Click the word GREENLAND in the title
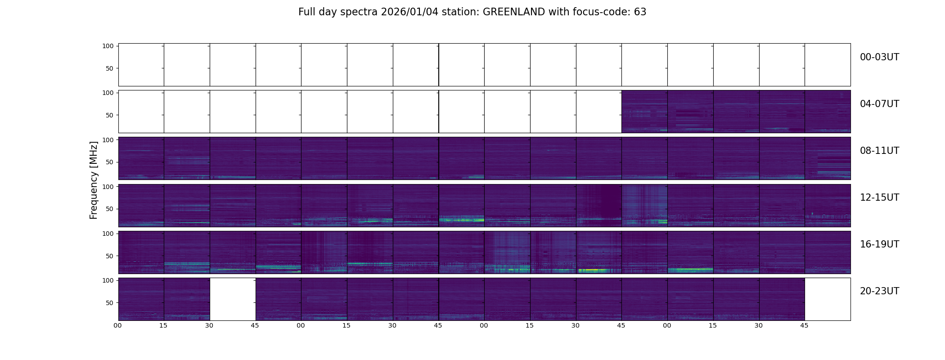click(x=513, y=12)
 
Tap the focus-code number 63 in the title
click(x=640, y=12)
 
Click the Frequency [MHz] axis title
click(x=94, y=180)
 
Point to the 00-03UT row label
click(x=879, y=57)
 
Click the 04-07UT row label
click(x=879, y=104)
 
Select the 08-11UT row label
click(x=879, y=151)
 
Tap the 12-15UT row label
click(x=879, y=198)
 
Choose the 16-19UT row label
click(x=879, y=244)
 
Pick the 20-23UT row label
click(x=879, y=291)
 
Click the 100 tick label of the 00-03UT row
click(x=108, y=46)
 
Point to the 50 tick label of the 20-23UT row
click(x=110, y=303)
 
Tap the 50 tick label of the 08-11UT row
click(x=110, y=162)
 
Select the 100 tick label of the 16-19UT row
click(x=108, y=234)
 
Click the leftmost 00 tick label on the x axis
click(x=117, y=326)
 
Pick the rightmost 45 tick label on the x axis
click(x=804, y=326)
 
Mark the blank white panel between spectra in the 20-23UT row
click(x=233, y=299)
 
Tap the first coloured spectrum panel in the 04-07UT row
click(x=644, y=111)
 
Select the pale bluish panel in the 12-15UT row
click(x=644, y=205)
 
